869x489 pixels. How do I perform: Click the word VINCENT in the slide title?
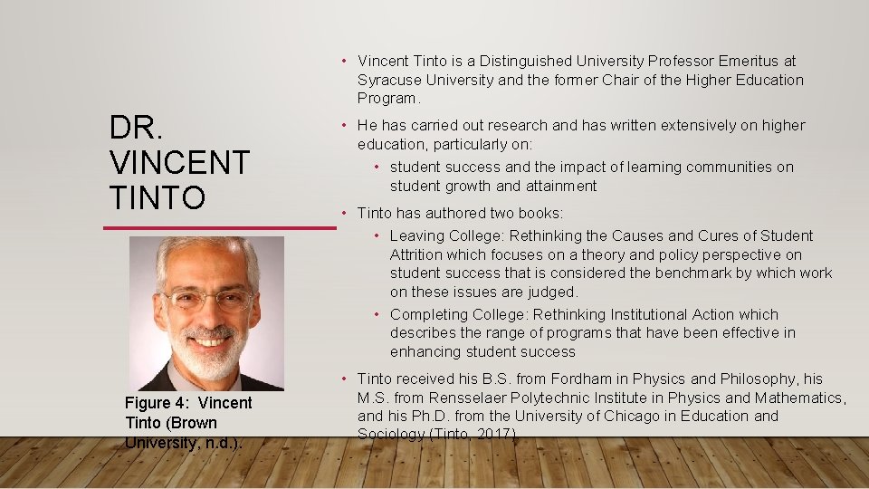(x=179, y=163)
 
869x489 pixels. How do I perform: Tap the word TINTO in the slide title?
(x=158, y=197)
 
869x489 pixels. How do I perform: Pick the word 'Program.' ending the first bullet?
(x=387, y=98)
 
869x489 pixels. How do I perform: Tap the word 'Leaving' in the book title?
(x=417, y=235)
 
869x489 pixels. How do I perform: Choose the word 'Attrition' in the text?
(x=419, y=254)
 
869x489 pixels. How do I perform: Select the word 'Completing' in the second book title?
(x=428, y=314)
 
